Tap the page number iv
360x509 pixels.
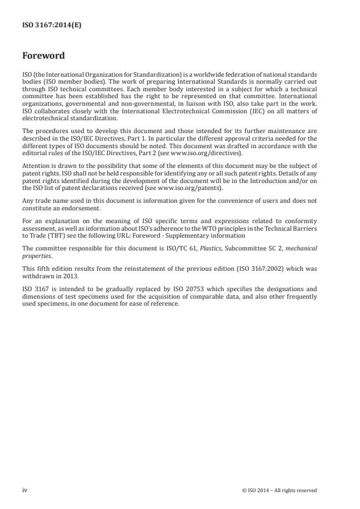click(24, 490)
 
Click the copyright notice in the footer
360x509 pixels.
click(279, 490)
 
